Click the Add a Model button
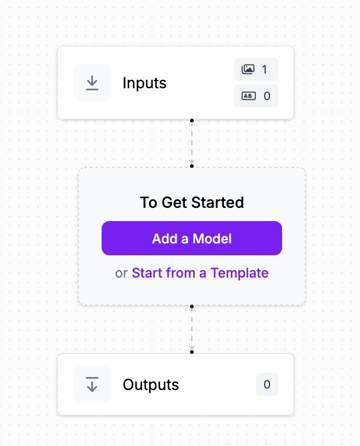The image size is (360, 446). click(192, 238)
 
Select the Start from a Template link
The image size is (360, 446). click(200, 273)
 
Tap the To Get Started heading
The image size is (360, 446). click(192, 203)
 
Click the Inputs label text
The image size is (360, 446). click(144, 83)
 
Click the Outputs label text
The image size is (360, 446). click(151, 385)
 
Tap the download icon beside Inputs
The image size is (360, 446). click(92, 83)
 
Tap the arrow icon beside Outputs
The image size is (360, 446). click(92, 384)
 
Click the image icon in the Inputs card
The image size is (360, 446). click(248, 69)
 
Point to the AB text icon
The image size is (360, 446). click(249, 96)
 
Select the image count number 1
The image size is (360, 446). click(265, 69)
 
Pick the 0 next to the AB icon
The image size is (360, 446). click(267, 96)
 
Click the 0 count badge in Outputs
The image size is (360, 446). click(267, 384)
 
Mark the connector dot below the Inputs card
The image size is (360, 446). click(192, 121)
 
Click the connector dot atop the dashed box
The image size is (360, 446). click(192, 166)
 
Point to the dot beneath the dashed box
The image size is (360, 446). click(192, 307)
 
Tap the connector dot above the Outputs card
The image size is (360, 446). click(192, 352)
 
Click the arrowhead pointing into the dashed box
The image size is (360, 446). click(192, 161)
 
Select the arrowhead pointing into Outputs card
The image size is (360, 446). click(192, 347)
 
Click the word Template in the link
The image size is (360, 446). click(239, 273)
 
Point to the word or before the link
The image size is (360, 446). click(121, 274)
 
